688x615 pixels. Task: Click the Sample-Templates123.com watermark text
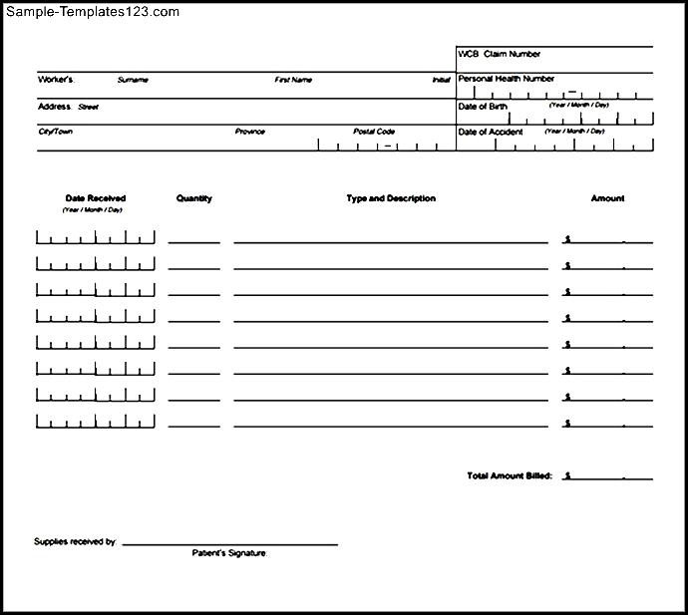point(91,12)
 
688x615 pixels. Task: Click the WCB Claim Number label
point(499,54)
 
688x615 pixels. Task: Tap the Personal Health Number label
point(506,79)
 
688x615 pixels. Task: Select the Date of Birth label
point(483,106)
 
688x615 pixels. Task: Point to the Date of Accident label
point(489,132)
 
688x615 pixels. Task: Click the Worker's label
point(55,79)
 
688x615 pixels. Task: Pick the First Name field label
point(293,80)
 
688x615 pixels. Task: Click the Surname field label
point(133,80)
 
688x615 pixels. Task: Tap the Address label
point(54,106)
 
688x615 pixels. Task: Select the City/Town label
point(55,132)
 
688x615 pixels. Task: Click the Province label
point(249,132)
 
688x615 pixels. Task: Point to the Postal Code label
point(374,132)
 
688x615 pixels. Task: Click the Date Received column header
point(96,198)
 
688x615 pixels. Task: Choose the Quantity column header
point(194,198)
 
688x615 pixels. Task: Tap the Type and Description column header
point(391,198)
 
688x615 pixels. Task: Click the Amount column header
point(607,198)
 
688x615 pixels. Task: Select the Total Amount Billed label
point(510,475)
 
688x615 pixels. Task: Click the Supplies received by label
point(76,542)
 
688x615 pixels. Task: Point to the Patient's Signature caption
point(229,552)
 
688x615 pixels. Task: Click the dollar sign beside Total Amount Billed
point(567,476)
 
